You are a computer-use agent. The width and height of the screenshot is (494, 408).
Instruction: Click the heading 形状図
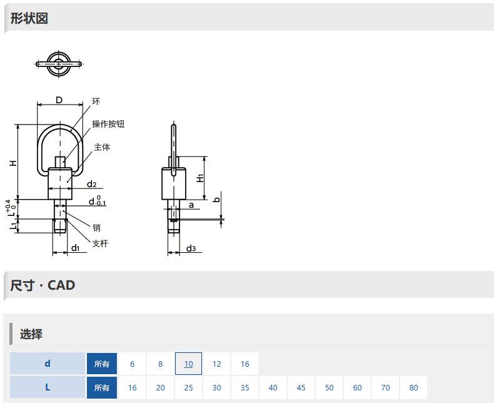29,18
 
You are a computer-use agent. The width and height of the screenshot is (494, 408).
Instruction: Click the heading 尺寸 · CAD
43,285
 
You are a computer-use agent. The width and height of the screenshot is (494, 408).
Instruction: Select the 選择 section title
31,334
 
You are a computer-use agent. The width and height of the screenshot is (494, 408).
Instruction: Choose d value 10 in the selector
188,364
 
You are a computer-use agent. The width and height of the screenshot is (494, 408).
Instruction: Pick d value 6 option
133,364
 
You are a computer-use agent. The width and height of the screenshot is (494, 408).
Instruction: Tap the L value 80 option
414,387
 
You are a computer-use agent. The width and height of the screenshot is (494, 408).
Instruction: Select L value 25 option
188,387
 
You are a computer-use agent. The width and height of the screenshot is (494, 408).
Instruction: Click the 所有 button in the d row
102,364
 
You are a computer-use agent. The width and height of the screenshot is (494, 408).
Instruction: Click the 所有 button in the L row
102,387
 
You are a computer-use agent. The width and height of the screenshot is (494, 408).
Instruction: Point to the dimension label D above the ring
59,100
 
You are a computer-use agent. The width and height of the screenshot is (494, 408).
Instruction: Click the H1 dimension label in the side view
200,178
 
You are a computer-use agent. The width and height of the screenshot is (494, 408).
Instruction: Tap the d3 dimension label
191,248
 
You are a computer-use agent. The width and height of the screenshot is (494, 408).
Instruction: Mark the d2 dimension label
92,184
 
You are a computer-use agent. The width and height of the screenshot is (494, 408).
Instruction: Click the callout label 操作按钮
108,124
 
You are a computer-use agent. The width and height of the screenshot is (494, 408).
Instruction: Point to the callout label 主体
102,147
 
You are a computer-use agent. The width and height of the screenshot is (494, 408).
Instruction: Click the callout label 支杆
100,243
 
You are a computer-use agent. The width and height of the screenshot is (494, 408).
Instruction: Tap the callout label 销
96,228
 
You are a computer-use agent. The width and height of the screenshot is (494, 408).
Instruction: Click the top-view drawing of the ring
59,64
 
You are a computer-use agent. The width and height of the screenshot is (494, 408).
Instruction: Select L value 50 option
329,387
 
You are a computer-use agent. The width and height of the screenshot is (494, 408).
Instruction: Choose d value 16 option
244,364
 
